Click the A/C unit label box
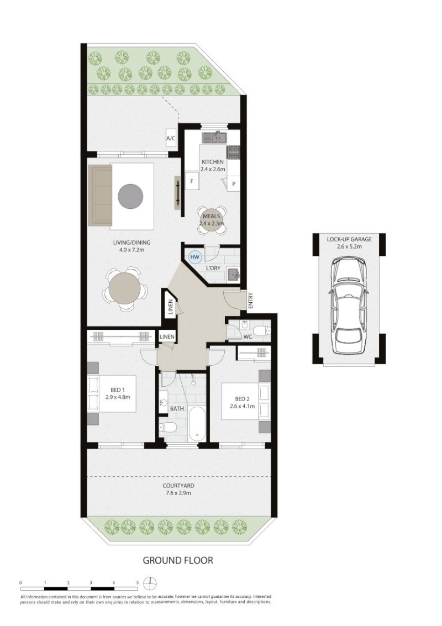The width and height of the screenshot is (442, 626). (171, 139)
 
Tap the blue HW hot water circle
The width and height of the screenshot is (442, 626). (195, 257)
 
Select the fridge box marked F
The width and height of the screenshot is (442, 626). (192, 181)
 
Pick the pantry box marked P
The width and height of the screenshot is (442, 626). (234, 183)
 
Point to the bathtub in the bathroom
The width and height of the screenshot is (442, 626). (197, 424)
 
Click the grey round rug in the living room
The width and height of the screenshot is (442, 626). (130, 196)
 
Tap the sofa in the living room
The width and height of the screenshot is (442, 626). (100, 195)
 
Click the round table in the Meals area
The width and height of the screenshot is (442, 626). (212, 220)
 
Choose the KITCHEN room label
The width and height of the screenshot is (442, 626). (213, 162)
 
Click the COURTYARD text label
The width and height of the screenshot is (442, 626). (178, 486)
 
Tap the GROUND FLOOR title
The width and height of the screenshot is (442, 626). (178, 560)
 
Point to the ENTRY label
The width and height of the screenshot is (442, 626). (250, 300)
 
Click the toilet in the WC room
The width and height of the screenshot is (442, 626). (262, 331)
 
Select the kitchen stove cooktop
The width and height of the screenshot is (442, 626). (233, 152)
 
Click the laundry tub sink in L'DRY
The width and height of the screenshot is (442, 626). (233, 274)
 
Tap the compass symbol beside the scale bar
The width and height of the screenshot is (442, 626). (150, 583)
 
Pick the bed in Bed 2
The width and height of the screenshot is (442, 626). (245, 401)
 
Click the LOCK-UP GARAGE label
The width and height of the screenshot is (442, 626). (349, 239)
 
